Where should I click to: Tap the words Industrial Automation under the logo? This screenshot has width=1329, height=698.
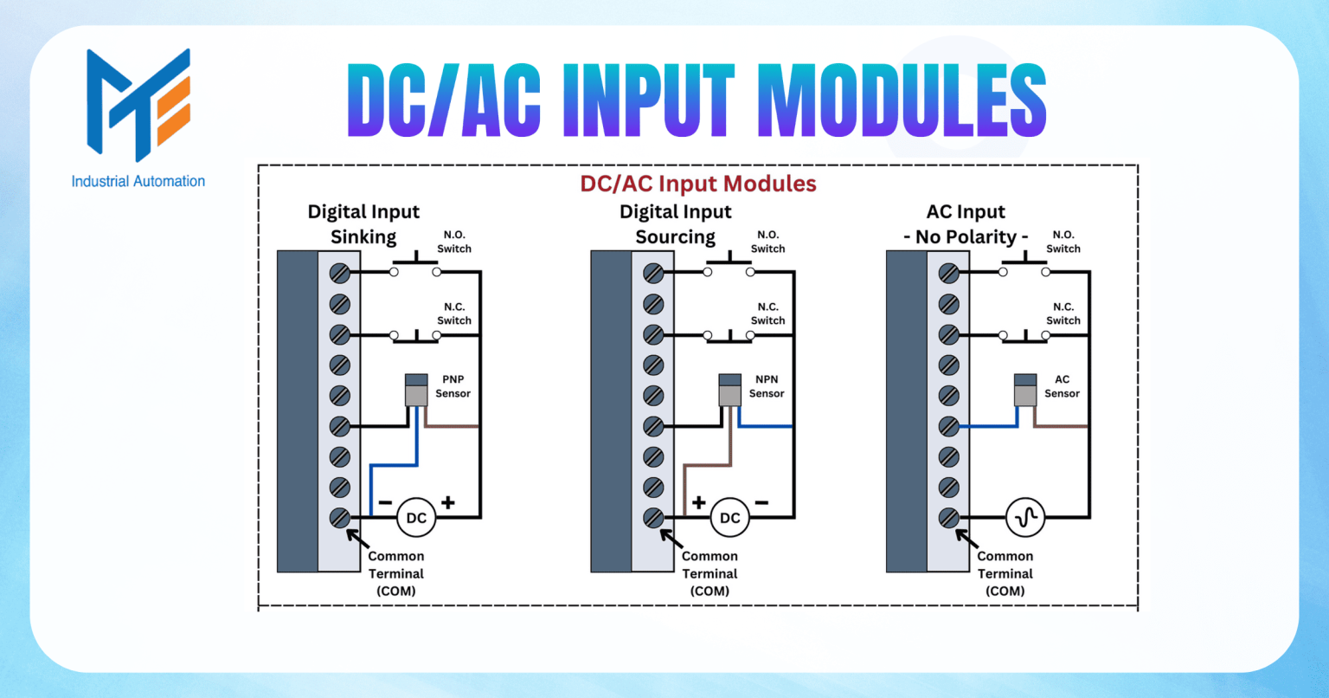tap(138, 182)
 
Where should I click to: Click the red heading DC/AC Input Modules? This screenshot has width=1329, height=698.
tap(698, 184)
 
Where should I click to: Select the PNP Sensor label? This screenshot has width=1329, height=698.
tap(453, 386)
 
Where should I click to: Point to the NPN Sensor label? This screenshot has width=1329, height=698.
tap(767, 386)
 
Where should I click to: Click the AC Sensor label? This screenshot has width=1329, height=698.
tap(1062, 386)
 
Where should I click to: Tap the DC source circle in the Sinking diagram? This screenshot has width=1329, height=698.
tap(416, 518)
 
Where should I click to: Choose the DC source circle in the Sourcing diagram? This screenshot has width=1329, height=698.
tap(730, 518)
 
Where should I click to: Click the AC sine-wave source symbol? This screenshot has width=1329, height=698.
tap(1026, 518)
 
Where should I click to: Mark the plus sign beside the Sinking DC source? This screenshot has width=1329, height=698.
tap(448, 502)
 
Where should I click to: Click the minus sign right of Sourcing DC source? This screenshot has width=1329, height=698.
tap(761, 502)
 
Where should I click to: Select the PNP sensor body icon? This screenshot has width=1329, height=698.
tap(416, 390)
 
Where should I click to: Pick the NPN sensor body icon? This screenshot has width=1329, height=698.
tap(730, 390)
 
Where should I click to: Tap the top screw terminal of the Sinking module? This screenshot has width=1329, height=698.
tap(340, 274)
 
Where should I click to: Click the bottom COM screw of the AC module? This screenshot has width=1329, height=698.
tap(949, 518)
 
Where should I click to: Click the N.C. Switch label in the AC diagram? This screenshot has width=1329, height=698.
tap(1063, 313)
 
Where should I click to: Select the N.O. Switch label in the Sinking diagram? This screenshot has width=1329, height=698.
tap(454, 242)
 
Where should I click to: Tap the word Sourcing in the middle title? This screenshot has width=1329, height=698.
tap(676, 237)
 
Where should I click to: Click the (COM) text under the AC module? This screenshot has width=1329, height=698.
tap(1005, 591)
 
